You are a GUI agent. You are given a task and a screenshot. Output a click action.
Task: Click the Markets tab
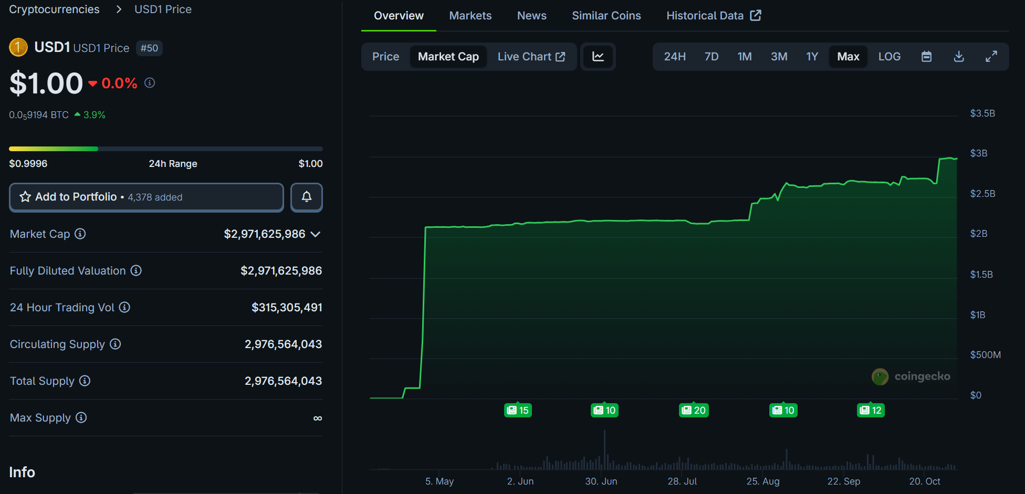[x=470, y=16]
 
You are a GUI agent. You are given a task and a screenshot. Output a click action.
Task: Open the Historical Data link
[x=713, y=16]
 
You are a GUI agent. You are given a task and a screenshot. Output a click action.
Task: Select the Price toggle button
[x=385, y=57]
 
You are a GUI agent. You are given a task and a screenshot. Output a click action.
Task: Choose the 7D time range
[x=711, y=57]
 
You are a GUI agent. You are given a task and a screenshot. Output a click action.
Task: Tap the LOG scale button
[x=889, y=57]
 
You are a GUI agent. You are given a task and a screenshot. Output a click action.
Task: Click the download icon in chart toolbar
[x=958, y=57]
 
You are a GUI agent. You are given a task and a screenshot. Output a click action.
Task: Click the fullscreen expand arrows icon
[x=991, y=57]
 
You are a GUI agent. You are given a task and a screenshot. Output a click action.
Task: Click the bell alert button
[x=307, y=197]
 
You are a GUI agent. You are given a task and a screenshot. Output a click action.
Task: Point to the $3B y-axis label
[x=978, y=153]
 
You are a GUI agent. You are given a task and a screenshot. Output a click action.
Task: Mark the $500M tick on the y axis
[x=985, y=355]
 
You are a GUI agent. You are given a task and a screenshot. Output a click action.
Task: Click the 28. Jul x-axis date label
[x=682, y=481]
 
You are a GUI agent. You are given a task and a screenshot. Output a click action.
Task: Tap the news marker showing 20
[x=694, y=410]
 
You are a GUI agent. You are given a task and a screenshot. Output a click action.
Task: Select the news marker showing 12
[x=871, y=410]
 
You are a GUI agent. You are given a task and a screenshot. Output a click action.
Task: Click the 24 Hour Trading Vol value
[x=287, y=308]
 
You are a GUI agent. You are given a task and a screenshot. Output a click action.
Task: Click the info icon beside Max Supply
[x=81, y=417]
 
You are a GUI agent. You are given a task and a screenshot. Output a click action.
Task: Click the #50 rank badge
[x=149, y=48]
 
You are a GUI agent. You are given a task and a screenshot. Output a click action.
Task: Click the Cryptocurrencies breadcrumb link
[x=54, y=9]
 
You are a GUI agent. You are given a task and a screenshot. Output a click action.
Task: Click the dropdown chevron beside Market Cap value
[x=316, y=234]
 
